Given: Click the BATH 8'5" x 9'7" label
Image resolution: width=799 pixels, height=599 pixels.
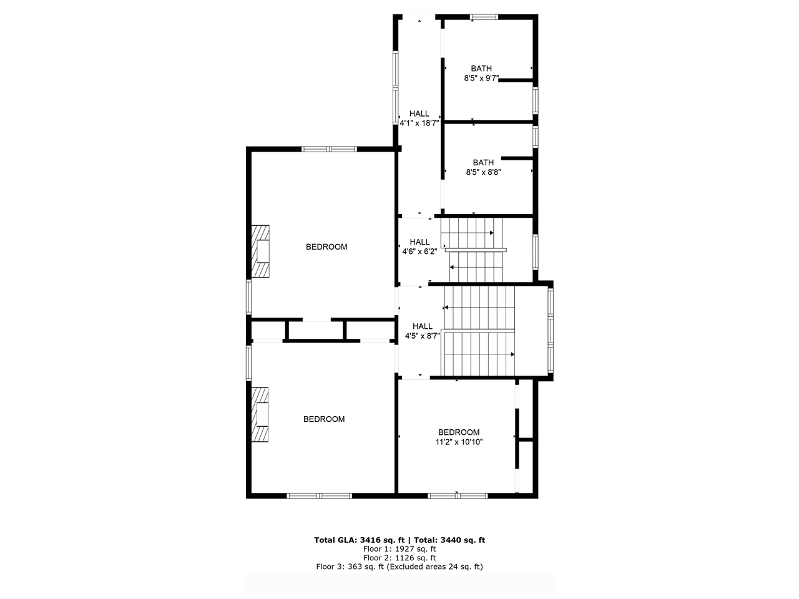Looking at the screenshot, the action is (481, 73).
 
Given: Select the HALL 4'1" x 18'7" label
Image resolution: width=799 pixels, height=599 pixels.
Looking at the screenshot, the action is (419, 118).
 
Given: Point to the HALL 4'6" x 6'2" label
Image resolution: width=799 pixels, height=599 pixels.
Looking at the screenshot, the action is (419, 246).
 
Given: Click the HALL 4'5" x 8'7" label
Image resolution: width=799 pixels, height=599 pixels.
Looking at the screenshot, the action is (423, 331).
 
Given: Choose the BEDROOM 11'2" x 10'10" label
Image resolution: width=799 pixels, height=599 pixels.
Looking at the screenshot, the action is (459, 437).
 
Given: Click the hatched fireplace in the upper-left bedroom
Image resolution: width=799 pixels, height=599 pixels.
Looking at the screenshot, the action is (260, 251).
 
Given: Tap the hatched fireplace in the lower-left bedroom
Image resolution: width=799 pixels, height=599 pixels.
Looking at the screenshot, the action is (260, 414).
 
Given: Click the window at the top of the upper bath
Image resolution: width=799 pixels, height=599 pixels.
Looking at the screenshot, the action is (484, 17).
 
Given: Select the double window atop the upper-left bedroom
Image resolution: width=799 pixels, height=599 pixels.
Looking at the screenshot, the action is (329, 149).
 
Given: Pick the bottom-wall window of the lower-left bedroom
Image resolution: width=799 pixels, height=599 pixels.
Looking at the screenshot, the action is (319, 495).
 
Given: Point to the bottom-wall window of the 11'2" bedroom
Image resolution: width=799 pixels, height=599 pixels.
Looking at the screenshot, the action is (458, 495).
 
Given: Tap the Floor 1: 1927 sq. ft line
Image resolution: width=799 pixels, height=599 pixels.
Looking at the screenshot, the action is (399, 549).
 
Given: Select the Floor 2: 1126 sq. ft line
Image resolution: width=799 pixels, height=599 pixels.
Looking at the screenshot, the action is (399, 558).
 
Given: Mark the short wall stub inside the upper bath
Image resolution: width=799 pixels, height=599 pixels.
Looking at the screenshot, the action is (516, 80).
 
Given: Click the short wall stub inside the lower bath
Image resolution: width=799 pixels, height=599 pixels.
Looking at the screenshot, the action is (517, 158).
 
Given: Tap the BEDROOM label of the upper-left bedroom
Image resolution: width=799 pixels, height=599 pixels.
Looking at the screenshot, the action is (326, 247).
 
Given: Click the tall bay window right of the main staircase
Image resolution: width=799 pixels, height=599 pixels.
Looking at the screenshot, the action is (551, 331).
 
